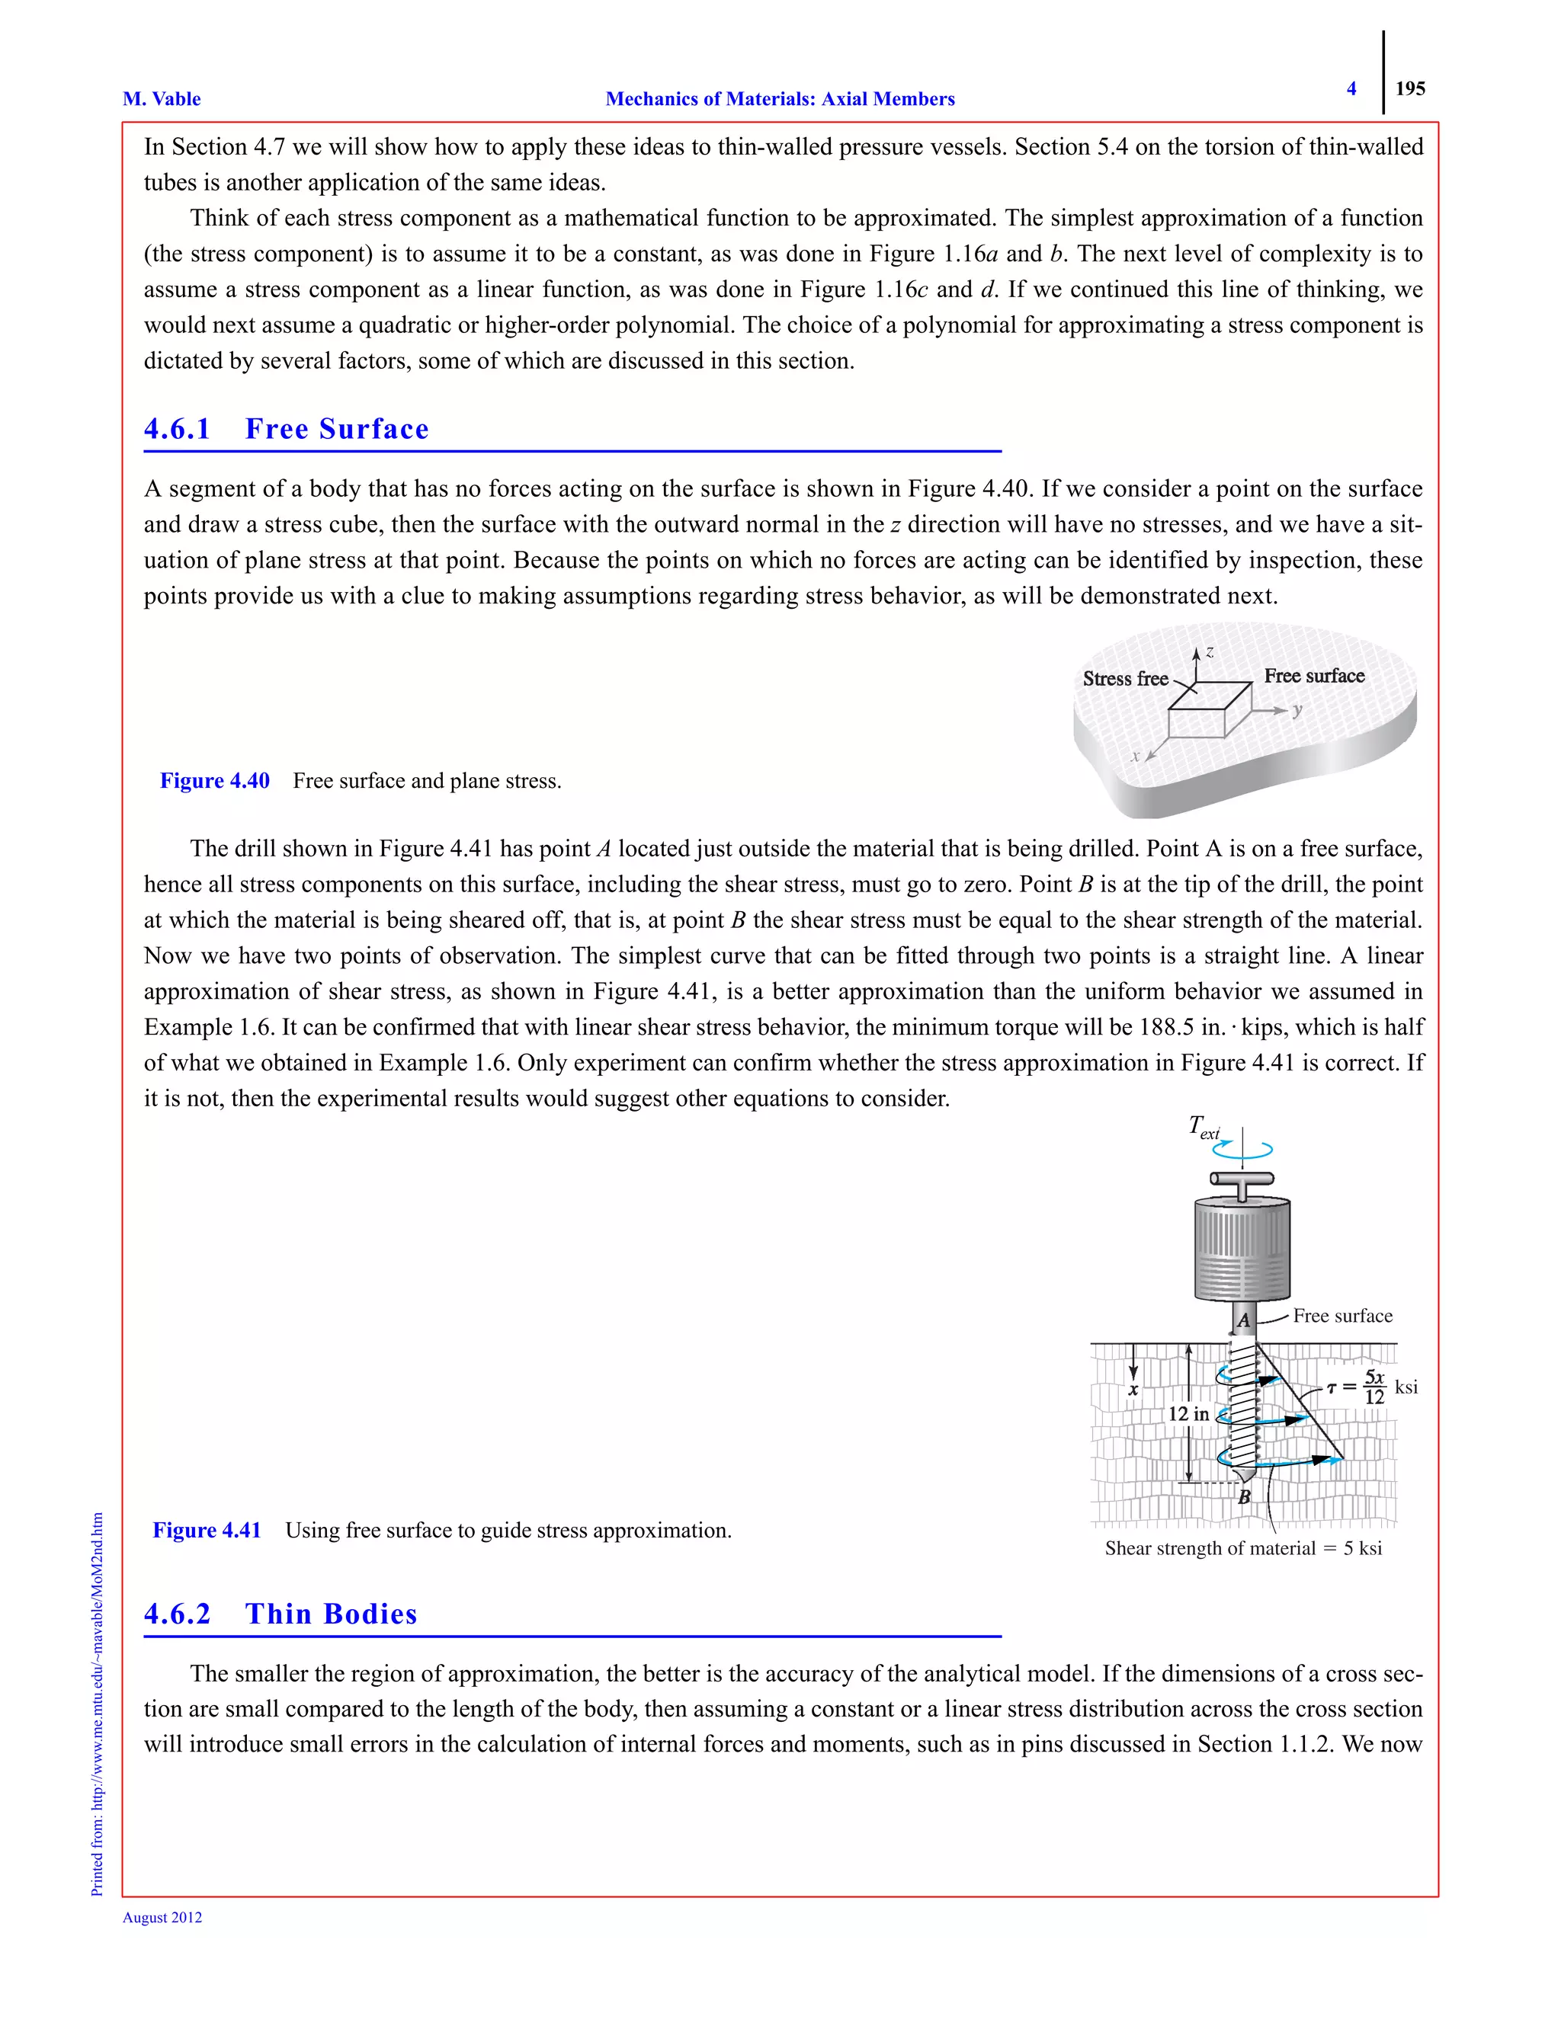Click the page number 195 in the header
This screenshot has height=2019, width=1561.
1409,88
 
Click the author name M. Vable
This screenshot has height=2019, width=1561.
162,99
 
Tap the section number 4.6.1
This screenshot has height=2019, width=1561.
178,429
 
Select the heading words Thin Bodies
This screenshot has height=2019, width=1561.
331,1614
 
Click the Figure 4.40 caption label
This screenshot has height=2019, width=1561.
214,781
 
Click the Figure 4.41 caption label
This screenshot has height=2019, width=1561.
207,1531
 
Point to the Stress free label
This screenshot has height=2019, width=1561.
1124,679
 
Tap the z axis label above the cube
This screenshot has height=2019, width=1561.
1210,651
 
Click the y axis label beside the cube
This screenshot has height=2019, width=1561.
1297,710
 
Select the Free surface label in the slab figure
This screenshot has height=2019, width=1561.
1314,676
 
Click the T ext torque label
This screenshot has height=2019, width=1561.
1203,1128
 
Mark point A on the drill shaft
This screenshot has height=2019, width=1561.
1244,1321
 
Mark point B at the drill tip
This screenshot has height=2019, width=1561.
1245,1496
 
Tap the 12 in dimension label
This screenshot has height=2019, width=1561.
1188,1414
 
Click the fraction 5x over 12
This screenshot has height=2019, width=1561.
1374,1387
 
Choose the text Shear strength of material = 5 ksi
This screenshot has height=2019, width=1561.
1243,1548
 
